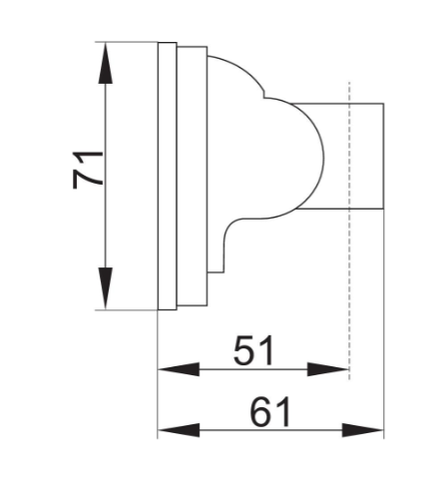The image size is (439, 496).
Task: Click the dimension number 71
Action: click(x=88, y=170)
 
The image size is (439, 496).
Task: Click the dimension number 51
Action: click(x=254, y=350)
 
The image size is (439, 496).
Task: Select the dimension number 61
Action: click(x=270, y=412)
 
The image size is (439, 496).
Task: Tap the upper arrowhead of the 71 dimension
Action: click(x=106, y=63)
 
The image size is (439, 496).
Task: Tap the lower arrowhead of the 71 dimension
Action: click(x=106, y=288)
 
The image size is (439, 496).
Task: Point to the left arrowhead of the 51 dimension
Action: click(x=179, y=369)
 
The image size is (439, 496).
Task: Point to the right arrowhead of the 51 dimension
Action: click(x=327, y=369)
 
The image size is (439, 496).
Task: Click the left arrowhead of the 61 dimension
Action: click(x=179, y=430)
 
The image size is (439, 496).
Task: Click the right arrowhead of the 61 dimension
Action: click(x=363, y=430)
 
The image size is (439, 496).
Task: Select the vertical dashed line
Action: click(x=349, y=231)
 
